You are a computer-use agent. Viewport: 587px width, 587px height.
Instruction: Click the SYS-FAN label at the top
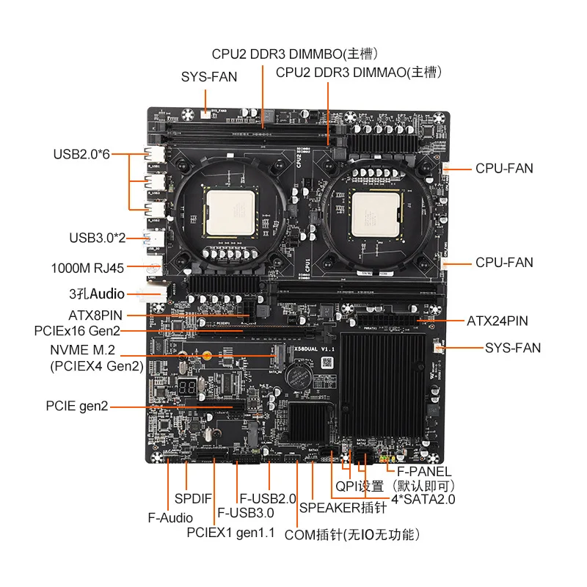pos(209,76)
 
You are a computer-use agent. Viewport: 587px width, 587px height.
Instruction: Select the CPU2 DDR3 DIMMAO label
pos(359,72)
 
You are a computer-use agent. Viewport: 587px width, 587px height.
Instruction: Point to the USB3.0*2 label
pos(98,238)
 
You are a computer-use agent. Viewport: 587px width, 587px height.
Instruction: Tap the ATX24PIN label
pos(497,321)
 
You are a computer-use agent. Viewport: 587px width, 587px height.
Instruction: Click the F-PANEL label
pos(424,471)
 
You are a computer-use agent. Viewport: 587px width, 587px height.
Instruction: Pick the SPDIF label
pos(193,499)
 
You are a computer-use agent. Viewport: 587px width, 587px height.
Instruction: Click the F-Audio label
pos(170,518)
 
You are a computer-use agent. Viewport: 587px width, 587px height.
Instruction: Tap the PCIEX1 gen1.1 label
pos(230,533)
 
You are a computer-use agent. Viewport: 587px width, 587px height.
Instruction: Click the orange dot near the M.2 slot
pos(208,357)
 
